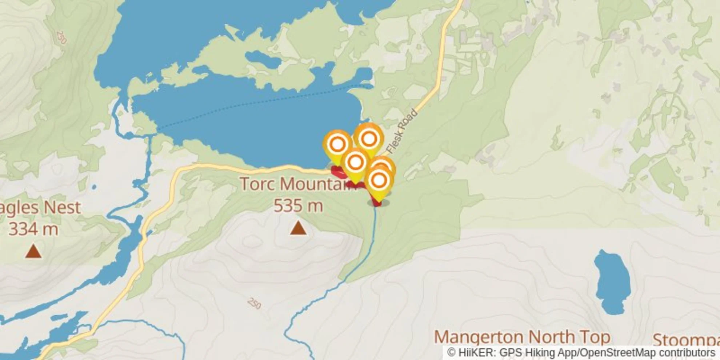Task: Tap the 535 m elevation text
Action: pyautogui.click(x=298, y=206)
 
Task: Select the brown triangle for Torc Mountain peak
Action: pyautogui.click(x=298, y=228)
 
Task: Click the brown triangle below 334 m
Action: pyautogui.click(x=33, y=251)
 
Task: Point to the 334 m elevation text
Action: pyautogui.click(x=33, y=229)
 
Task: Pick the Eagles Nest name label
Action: pyautogui.click(x=40, y=208)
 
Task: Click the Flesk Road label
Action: pyautogui.click(x=401, y=131)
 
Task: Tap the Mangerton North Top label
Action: pyautogui.click(x=522, y=337)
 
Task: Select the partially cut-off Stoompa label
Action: pyautogui.click(x=686, y=340)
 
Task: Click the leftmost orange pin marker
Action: pyautogui.click(x=337, y=144)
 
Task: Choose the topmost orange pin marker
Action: pyautogui.click(x=369, y=139)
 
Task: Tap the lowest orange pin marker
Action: pyautogui.click(x=379, y=181)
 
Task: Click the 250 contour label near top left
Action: pyautogui.click(x=61, y=37)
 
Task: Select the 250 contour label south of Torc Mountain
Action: pyautogui.click(x=254, y=303)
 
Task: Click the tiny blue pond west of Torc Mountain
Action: pyautogui.click(x=94, y=187)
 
